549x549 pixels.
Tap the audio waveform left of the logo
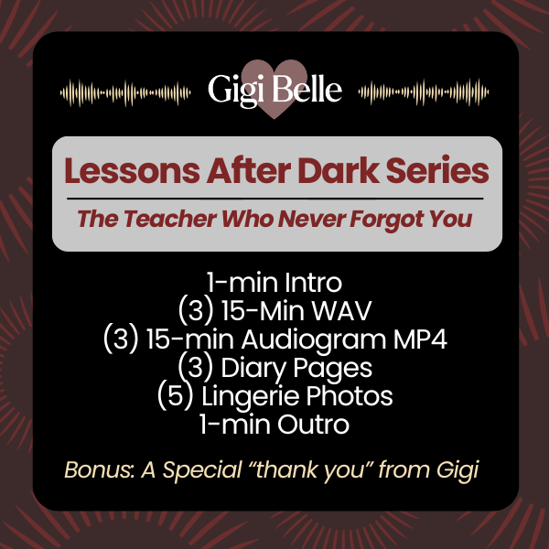(x=125, y=92)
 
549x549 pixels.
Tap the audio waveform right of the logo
(x=424, y=92)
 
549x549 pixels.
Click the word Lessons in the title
(x=133, y=170)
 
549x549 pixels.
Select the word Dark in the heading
(x=339, y=170)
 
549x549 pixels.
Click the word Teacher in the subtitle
(x=169, y=219)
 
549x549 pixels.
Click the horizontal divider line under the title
(x=274, y=199)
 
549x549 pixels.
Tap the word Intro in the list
(x=313, y=283)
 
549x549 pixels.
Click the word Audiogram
(x=314, y=340)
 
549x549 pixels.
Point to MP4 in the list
(x=420, y=339)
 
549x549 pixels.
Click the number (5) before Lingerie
(x=176, y=397)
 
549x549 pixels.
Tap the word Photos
(x=350, y=396)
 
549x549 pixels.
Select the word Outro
(x=313, y=425)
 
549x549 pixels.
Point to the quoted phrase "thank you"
(x=310, y=470)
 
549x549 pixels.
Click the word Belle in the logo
(x=307, y=90)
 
